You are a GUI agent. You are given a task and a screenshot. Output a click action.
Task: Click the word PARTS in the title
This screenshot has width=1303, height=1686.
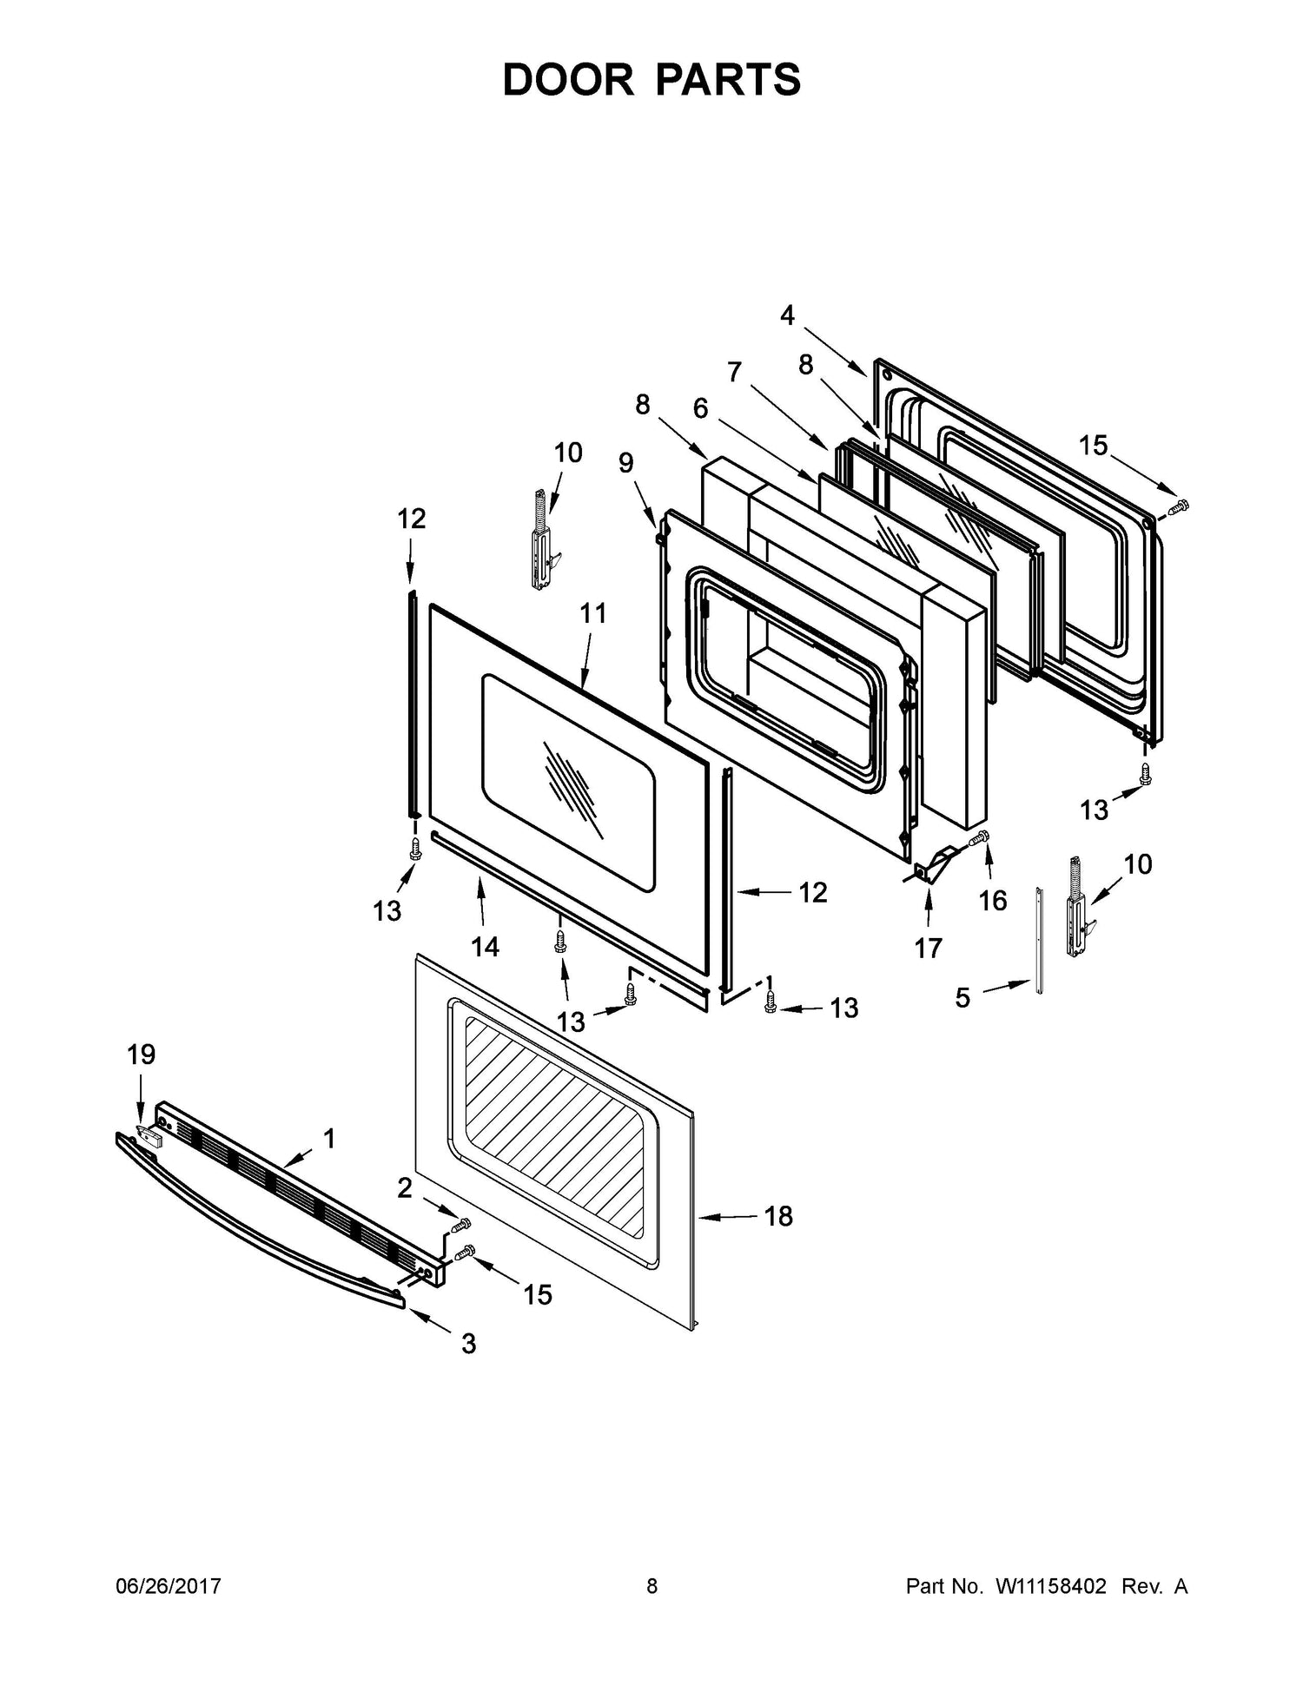click(728, 80)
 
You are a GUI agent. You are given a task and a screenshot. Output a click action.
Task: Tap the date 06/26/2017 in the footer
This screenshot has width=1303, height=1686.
click(169, 1586)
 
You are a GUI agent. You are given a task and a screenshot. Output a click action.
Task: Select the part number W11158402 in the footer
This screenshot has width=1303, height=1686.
click(1050, 1586)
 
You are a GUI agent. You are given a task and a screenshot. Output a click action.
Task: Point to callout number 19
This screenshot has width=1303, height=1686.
click(141, 1055)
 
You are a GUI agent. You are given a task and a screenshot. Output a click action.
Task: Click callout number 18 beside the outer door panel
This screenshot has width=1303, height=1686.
click(778, 1217)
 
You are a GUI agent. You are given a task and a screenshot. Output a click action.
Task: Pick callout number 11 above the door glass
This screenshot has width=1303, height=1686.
click(593, 613)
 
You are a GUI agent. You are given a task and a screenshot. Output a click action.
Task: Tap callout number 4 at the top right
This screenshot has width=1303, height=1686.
click(787, 314)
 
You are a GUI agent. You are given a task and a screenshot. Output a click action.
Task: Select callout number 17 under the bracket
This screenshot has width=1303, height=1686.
click(928, 949)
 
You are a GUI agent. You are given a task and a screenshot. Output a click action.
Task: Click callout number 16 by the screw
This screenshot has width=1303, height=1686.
click(993, 901)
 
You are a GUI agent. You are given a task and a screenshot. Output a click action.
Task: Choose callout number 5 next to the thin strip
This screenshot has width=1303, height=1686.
click(962, 998)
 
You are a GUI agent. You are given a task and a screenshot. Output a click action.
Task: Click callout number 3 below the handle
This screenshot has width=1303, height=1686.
click(468, 1344)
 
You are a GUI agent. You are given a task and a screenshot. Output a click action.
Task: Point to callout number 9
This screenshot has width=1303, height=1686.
click(626, 462)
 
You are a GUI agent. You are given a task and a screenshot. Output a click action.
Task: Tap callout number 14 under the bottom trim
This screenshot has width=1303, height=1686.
click(486, 946)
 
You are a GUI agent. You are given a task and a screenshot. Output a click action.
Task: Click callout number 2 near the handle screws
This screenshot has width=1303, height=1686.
click(405, 1187)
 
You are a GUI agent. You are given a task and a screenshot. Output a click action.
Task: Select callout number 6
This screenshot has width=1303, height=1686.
click(700, 408)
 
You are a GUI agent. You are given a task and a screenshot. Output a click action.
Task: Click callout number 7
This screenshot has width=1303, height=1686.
click(735, 372)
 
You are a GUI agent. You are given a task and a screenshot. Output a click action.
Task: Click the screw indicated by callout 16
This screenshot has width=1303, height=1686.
click(978, 840)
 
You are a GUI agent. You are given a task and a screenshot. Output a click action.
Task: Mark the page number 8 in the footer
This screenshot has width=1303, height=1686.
click(651, 1586)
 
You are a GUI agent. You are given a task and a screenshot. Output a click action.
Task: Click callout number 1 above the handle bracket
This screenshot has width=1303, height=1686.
click(329, 1138)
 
